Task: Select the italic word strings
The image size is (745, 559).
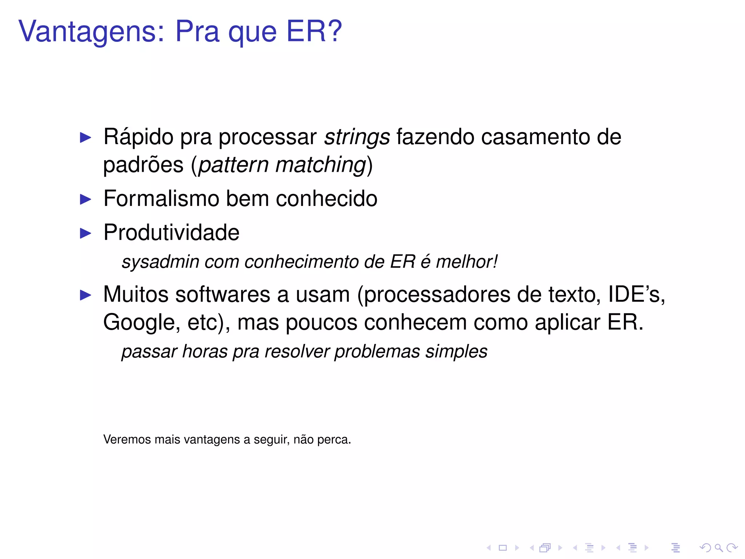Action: [x=357, y=138]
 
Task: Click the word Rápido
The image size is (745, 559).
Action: [x=138, y=138]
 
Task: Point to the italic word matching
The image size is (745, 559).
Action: [x=321, y=165]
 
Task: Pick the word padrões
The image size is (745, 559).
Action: [x=143, y=165]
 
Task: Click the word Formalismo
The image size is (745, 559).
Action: [x=161, y=199]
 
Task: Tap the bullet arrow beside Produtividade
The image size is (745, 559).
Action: [x=85, y=233]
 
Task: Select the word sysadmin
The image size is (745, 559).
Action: [x=160, y=262]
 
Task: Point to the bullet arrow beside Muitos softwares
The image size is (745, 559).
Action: [x=85, y=295]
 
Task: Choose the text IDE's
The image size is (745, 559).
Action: [x=636, y=294]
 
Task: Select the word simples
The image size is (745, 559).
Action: [x=456, y=352]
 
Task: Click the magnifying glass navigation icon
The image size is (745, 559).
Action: [x=718, y=548]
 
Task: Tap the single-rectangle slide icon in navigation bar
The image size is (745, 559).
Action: [x=503, y=548]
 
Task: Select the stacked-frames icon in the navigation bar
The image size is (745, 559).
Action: [x=545, y=548]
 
